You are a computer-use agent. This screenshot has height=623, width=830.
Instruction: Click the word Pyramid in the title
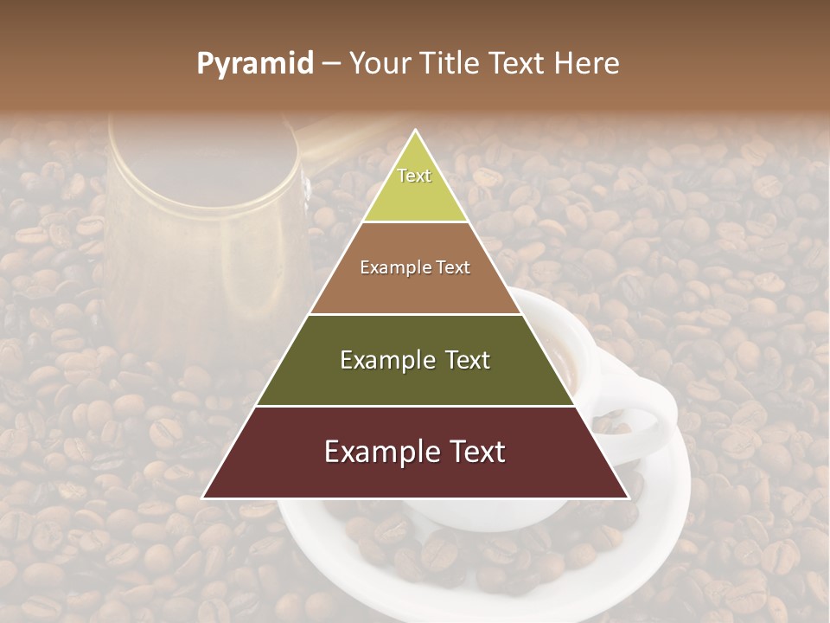click(255, 63)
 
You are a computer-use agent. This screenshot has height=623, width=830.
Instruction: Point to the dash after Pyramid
click(330, 64)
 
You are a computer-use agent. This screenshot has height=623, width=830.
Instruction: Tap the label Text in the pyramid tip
click(414, 176)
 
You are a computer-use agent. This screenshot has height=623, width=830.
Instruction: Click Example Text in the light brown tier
click(415, 267)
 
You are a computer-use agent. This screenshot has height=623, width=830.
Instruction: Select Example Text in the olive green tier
click(415, 360)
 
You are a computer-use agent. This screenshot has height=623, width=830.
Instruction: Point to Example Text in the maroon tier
click(415, 452)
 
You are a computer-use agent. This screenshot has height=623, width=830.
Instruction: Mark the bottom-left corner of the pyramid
click(203, 498)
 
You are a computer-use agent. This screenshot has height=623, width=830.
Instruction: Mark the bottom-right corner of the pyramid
click(629, 498)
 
